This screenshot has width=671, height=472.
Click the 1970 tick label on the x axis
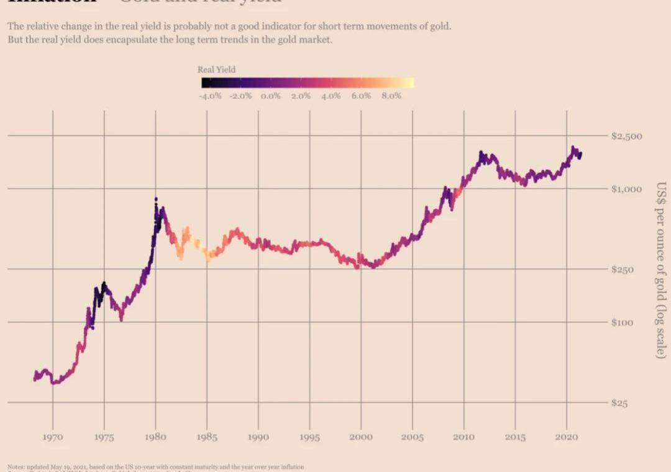tap(52, 437)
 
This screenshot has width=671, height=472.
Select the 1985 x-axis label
tap(207, 437)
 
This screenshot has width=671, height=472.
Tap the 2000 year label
tap(361, 437)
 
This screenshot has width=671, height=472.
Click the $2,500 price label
tap(627, 136)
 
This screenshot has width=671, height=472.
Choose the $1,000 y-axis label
tap(627, 189)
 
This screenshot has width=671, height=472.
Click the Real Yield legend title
tap(216, 70)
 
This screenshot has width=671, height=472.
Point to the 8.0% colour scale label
tap(391, 96)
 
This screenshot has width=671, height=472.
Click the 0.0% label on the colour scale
tap(271, 96)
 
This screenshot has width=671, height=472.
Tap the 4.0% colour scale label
tap(331, 96)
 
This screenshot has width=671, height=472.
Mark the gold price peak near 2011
tap(481, 152)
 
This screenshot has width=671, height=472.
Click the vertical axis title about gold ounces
tap(661, 270)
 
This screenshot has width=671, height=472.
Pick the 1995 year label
tap(309, 437)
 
